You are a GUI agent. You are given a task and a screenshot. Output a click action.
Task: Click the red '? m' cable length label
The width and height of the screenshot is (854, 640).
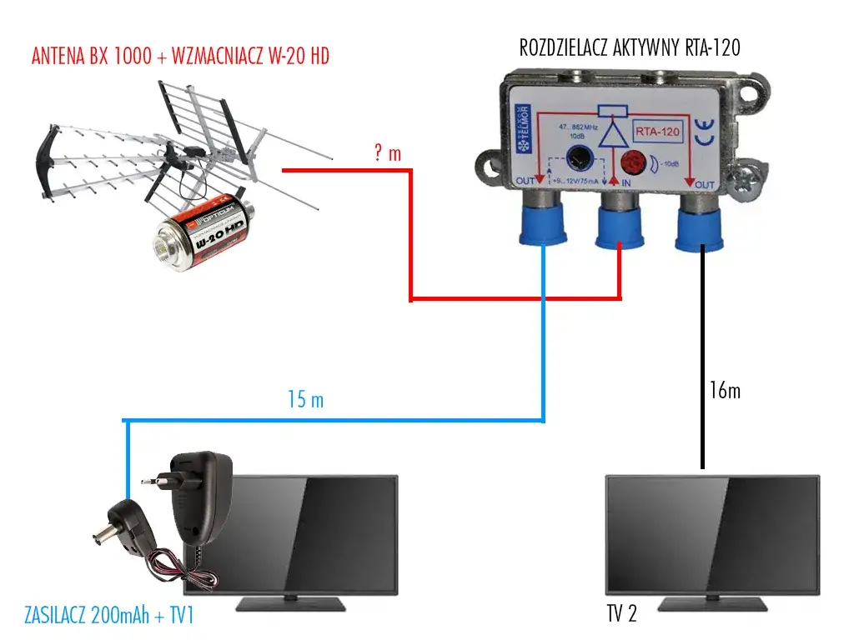pyautogui.click(x=388, y=153)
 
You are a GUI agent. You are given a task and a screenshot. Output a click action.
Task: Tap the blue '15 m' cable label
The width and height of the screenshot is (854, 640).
pyautogui.click(x=305, y=401)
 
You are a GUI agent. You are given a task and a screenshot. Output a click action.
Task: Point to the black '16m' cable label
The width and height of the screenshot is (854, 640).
pyautogui.click(x=722, y=390)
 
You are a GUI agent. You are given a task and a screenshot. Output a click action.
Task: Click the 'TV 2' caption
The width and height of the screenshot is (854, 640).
pyautogui.click(x=622, y=615)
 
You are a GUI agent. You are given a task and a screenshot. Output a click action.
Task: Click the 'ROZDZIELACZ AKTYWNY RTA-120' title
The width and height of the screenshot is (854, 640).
pyautogui.click(x=630, y=47)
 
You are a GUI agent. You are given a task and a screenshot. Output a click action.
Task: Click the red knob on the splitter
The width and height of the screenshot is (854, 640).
pyautogui.click(x=638, y=160)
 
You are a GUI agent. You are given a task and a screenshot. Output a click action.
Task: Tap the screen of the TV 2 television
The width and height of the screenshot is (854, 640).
pyautogui.click(x=711, y=532)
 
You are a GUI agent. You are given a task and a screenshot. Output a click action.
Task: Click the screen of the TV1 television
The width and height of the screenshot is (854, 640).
pyautogui.click(x=313, y=532)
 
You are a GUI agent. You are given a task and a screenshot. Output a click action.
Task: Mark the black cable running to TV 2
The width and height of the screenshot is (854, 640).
pyautogui.click(x=702, y=358)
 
